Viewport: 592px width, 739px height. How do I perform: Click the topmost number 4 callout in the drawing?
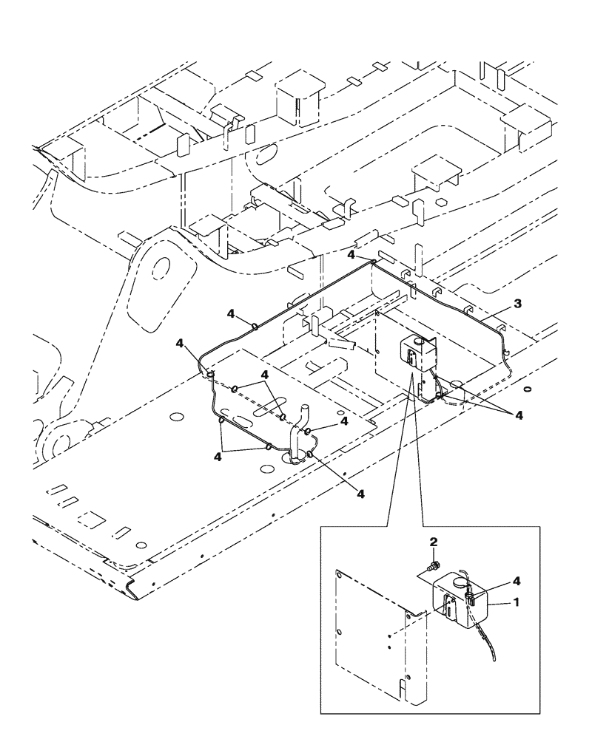pyautogui.click(x=352, y=255)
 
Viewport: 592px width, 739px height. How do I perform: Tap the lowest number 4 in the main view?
pyautogui.click(x=360, y=493)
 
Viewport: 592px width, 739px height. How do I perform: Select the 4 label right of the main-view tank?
pyautogui.click(x=519, y=416)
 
